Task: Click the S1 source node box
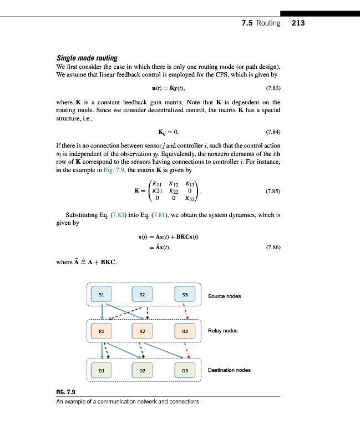click(101, 294)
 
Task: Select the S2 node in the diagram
click(143, 294)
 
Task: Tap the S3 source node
click(185, 294)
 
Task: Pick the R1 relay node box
click(101, 331)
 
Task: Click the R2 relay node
click(143, 331)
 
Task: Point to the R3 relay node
click(185, 331)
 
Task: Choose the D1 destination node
click(101, 370)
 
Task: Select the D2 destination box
click(143, 370)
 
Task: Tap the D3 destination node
click(185, 370)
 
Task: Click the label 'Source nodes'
click(224, 296)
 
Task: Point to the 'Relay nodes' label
click(222, 331)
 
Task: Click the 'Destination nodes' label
click(229, 370)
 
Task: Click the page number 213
click(298, 23)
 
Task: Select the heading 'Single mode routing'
click(87, 58)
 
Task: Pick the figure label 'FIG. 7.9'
click(65, 392)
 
